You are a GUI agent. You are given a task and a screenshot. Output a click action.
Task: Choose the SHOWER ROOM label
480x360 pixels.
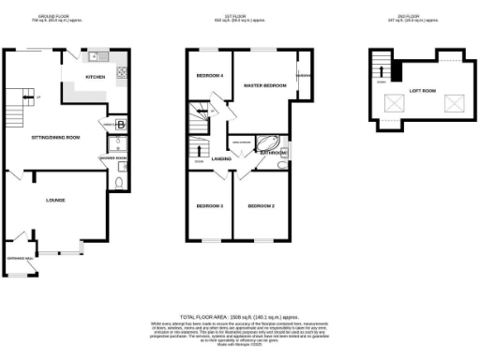113,157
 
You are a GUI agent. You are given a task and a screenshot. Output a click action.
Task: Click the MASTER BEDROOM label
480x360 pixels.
263,85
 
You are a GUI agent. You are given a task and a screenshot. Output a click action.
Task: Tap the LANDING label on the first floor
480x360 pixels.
221,158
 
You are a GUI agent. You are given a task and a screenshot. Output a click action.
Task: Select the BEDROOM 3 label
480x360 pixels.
208,205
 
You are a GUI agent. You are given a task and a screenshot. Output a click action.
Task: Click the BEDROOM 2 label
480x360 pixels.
260,205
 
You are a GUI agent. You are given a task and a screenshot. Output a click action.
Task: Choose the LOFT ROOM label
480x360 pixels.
422,91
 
